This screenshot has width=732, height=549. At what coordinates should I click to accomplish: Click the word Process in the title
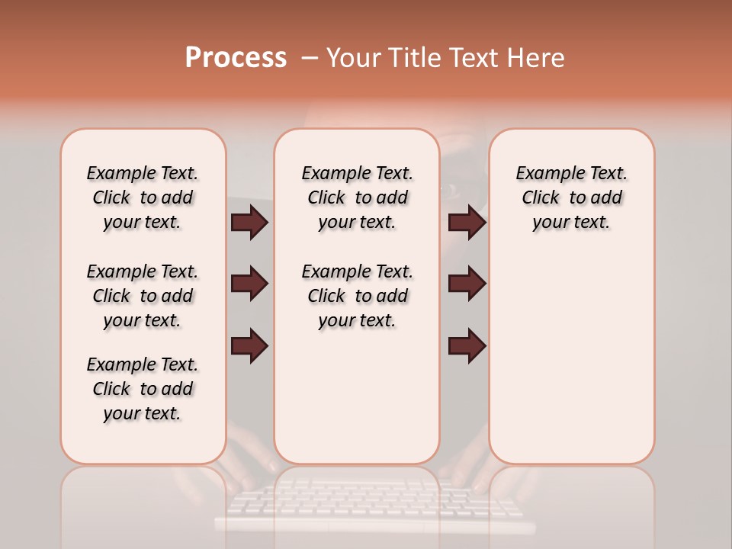236,58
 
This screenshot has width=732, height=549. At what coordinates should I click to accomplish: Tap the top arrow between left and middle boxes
249,223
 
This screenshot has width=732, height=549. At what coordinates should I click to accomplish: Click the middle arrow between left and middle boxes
249,284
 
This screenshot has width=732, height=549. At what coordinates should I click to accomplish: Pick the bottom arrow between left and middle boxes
249,345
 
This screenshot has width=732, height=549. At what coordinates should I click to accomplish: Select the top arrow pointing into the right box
467,223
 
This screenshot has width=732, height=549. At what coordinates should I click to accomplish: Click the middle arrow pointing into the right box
467,284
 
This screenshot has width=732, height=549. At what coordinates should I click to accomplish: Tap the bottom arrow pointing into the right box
467,345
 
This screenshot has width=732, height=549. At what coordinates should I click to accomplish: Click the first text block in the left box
143,197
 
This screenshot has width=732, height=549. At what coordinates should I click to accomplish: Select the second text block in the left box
143,296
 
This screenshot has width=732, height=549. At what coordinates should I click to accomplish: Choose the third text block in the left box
143,389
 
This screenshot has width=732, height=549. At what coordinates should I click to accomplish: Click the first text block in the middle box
357,197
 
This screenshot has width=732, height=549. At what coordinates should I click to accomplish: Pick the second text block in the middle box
357,296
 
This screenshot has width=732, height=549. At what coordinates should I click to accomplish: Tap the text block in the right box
571,197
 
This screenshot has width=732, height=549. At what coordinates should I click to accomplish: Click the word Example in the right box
548,173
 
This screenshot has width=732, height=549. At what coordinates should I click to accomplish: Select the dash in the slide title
310,58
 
